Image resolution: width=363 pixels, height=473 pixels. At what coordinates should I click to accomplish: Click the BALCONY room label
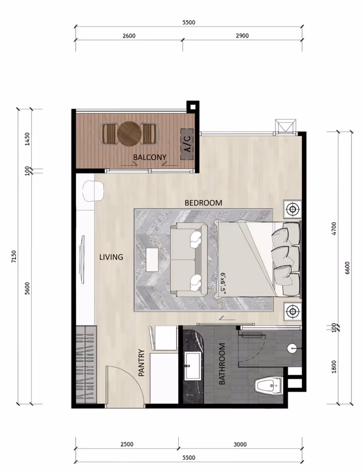150,157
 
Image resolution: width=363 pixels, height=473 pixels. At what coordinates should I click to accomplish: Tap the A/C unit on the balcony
187,144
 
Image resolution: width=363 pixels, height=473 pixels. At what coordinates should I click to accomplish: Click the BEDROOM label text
203,203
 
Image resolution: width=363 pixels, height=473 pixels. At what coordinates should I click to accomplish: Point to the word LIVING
111,257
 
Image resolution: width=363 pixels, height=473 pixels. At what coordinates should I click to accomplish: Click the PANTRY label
142,363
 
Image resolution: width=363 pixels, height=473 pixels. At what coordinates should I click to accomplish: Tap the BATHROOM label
222,364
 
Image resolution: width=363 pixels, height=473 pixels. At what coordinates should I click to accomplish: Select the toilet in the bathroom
270,385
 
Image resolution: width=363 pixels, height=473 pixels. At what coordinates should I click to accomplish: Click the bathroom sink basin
193,366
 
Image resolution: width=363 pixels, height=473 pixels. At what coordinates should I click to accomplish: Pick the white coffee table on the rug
152,260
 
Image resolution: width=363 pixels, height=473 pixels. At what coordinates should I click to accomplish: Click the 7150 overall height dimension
14,256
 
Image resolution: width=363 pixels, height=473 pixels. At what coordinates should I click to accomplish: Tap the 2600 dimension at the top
129,35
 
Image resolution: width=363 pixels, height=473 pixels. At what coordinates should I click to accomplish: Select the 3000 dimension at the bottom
240,444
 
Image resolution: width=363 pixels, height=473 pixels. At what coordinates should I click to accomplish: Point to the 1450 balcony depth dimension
27,139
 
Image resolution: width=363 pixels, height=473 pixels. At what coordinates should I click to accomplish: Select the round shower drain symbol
292,349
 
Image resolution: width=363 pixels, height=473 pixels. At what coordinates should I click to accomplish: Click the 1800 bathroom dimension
334,367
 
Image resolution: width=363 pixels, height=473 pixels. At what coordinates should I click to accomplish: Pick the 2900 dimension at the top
242,35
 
